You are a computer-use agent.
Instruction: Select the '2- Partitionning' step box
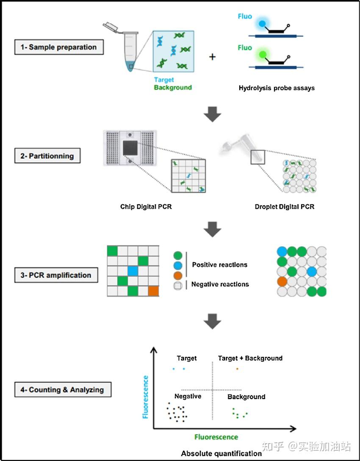point(47,156)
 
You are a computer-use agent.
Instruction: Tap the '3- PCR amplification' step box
point(56,275)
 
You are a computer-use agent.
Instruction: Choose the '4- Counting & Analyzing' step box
point(63,389)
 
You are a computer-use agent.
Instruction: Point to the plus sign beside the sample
point(213,56)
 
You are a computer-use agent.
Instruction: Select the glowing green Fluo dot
point(263,54)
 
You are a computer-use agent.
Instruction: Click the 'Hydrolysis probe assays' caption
point(276,88)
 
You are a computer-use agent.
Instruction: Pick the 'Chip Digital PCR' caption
point(146,207)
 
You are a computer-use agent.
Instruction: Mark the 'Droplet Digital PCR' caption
point(285,207)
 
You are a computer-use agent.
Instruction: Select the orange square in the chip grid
point(154,291)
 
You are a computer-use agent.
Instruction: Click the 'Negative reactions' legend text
point(220,284)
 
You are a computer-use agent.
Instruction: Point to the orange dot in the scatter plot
point(237,369)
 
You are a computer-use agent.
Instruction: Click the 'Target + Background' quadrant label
point(250,358)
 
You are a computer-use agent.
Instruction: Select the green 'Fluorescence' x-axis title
point(216,437)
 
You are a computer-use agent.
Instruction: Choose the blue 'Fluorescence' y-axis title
point(145,397)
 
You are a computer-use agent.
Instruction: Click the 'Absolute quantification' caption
point(221,453)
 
